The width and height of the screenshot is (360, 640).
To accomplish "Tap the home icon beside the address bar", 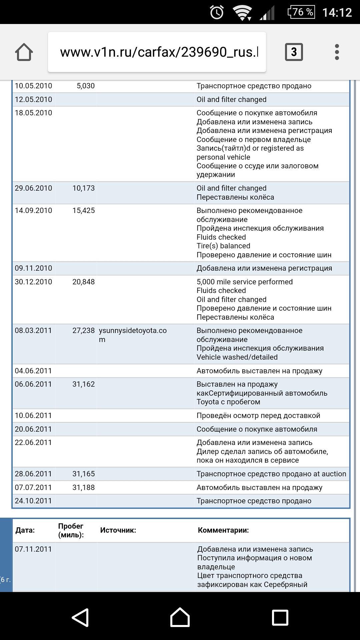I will (x=24, y=52).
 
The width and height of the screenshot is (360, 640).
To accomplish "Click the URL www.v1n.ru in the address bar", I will (x=159, y=52).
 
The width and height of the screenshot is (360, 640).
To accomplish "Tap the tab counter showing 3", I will (x=294, y=52).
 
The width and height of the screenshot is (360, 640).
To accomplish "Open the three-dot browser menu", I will (x=337, y=52).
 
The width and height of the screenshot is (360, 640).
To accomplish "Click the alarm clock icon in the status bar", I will (x=217, y=13).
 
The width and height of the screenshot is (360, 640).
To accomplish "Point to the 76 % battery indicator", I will (x=301, y=12).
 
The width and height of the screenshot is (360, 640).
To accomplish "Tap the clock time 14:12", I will (x=337, y=13).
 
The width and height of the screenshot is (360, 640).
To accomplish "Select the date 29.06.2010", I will (x=33, y=188).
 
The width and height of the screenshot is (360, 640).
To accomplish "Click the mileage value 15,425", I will (x=84, y=211).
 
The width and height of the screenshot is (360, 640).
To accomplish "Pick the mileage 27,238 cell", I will (x=84, y=331).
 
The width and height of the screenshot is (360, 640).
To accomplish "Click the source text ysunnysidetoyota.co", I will (x=133, y=331).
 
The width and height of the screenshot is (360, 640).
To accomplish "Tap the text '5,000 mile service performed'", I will (x=245, y=282).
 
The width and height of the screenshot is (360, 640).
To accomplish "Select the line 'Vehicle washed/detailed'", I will (x=237, y=357).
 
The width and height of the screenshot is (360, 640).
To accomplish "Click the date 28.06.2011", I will (x=33, y=474).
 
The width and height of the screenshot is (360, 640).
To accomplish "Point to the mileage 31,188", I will (x=84, y=488).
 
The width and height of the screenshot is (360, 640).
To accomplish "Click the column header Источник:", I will (x=118, y=530).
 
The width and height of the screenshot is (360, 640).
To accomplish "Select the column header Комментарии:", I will (x=223, y=530).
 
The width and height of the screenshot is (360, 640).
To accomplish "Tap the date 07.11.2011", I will (x=33, y=549).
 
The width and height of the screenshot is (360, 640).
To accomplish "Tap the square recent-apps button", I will (x=280, y=618).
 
